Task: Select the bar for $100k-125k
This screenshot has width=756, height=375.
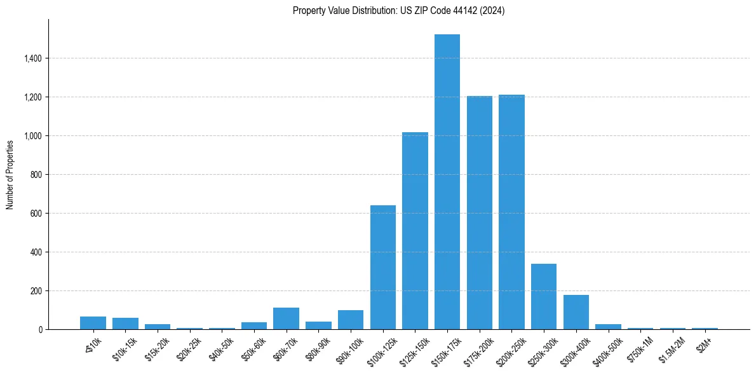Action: click(x=383, y=267)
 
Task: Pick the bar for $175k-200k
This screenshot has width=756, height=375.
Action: click(x=480, y=212)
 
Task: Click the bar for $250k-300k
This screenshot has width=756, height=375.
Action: click(x=544, y=296)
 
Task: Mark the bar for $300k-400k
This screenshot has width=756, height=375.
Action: click(x=576, y=312)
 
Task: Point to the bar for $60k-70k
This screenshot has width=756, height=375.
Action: click(x=286, y=318)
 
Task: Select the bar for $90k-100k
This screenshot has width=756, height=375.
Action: click(x=351, y=320)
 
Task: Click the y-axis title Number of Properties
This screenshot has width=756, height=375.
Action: click(x=10, y=174)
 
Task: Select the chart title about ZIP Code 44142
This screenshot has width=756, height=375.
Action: click(x=398, y=11)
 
